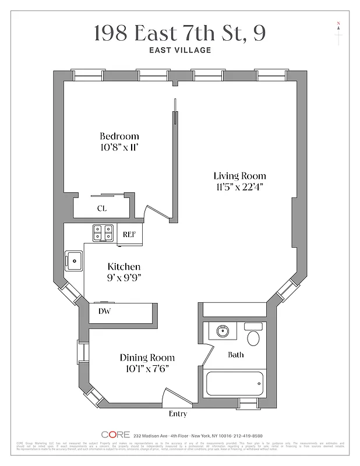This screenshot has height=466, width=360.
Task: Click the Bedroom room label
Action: (119, 136)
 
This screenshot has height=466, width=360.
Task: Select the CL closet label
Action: (101, 208)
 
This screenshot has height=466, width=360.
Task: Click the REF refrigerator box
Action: (129, 234)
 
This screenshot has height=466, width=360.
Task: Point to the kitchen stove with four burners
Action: (104, 233)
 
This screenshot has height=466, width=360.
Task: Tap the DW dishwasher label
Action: (104, 311)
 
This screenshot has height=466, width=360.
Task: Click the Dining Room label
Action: (147, 358)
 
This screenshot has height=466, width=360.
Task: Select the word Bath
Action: (235, 354)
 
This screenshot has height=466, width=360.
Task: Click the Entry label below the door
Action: (178, 414)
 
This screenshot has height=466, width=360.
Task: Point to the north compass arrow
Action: (338, 27)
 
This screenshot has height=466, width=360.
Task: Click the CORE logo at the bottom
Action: (116, 435)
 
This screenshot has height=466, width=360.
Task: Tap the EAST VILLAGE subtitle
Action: (180, 50)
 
